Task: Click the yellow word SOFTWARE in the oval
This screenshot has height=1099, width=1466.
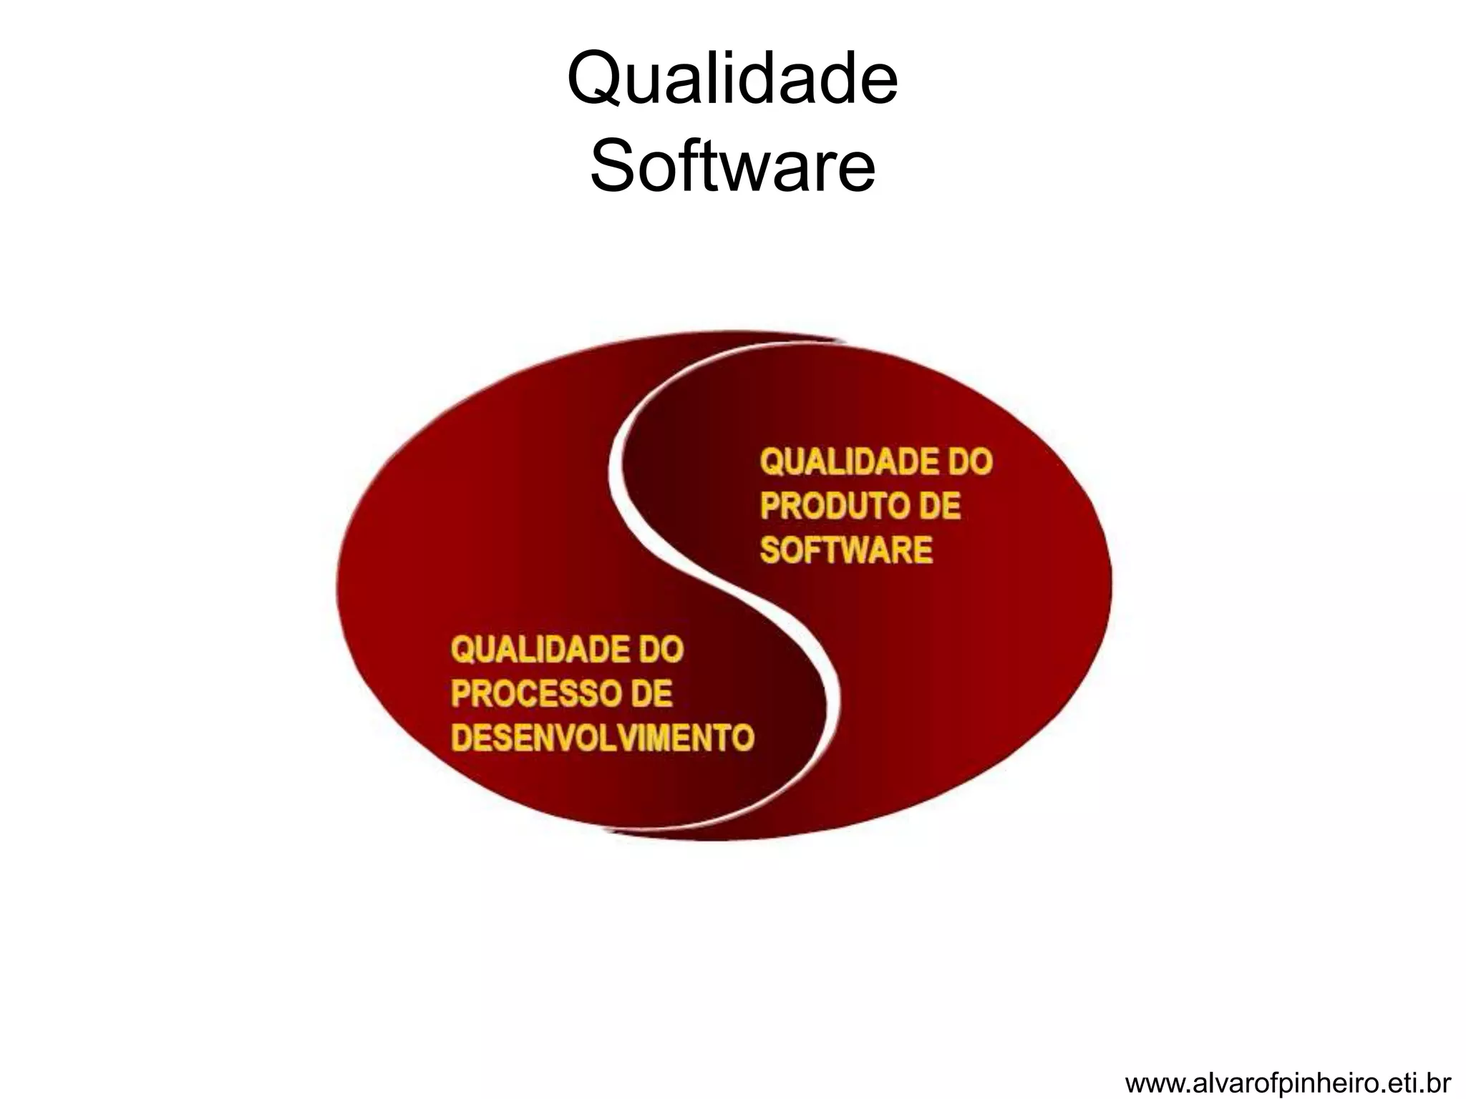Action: (x=845, y=550)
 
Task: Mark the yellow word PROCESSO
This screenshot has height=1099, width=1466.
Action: (x=530, y=694)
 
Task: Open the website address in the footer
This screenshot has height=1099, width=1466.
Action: (x=1288, y=1083)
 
